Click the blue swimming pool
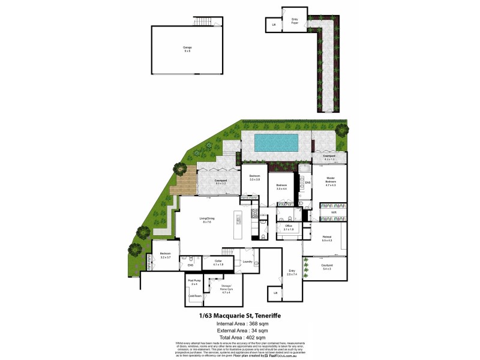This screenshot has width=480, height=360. pos(276,143)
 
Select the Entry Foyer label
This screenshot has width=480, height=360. pos(295,21)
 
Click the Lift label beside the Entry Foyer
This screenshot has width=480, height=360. pos(274,25)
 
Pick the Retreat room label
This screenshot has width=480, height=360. pos(326,238)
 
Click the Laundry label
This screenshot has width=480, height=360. pos(247,262)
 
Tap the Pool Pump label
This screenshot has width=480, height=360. pos(194,281)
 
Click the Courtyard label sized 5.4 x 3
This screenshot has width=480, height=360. pos(327,267)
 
